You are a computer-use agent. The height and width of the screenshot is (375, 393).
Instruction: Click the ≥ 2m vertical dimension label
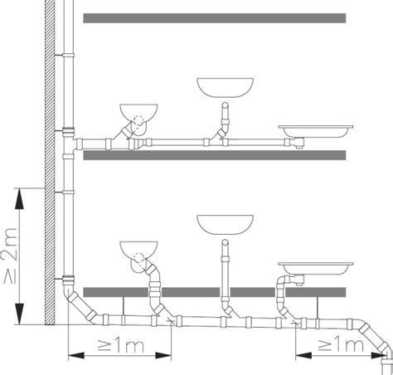point(10,255)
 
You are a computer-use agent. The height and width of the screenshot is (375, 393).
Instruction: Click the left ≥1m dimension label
point(121,345)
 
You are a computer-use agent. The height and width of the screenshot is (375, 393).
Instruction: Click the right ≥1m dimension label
point(341,345)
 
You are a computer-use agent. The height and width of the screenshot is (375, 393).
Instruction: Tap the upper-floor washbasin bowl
point(225,87)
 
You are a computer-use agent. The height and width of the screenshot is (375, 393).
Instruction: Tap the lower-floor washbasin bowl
point(225,225)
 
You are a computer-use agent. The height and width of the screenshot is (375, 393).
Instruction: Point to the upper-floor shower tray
point(316,131)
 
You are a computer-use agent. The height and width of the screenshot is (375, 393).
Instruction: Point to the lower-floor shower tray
point(316,268)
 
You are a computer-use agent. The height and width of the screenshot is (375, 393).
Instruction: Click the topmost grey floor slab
point(215,18)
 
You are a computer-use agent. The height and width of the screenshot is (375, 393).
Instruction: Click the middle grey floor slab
point(215,155)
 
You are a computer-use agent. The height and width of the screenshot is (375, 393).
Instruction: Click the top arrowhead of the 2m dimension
point(19,198)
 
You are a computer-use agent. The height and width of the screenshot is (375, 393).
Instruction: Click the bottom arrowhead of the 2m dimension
point(19,314)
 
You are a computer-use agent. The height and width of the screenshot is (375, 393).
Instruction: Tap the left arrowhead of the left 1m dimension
point(76,356)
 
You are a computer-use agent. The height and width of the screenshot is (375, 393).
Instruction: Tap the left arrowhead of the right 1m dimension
point(303,356)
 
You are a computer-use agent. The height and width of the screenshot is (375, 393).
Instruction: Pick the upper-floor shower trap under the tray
point(298,143)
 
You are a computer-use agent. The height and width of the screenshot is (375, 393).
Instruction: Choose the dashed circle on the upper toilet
point(139,121)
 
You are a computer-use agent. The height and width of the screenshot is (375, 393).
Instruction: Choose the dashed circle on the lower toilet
point(139,259)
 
